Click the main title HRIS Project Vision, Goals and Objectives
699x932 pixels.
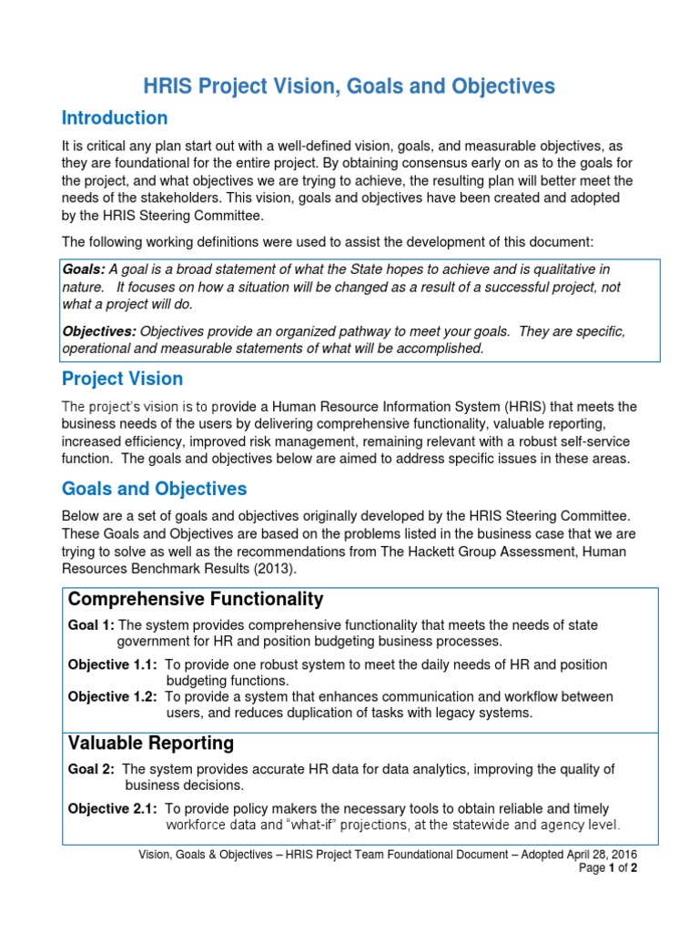349,86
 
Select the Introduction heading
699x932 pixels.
115,118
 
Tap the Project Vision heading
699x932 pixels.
122,379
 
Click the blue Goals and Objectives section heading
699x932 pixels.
154,489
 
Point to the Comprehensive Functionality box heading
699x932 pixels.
196,599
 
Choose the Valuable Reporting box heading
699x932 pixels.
151,744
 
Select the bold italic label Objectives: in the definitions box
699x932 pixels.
98,332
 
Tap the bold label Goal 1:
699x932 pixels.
92,625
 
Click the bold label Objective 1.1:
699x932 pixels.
113,665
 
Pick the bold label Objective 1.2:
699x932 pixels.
113,696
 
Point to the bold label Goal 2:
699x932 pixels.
92,769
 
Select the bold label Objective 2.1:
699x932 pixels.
113,809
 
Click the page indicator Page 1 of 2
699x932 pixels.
608,868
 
